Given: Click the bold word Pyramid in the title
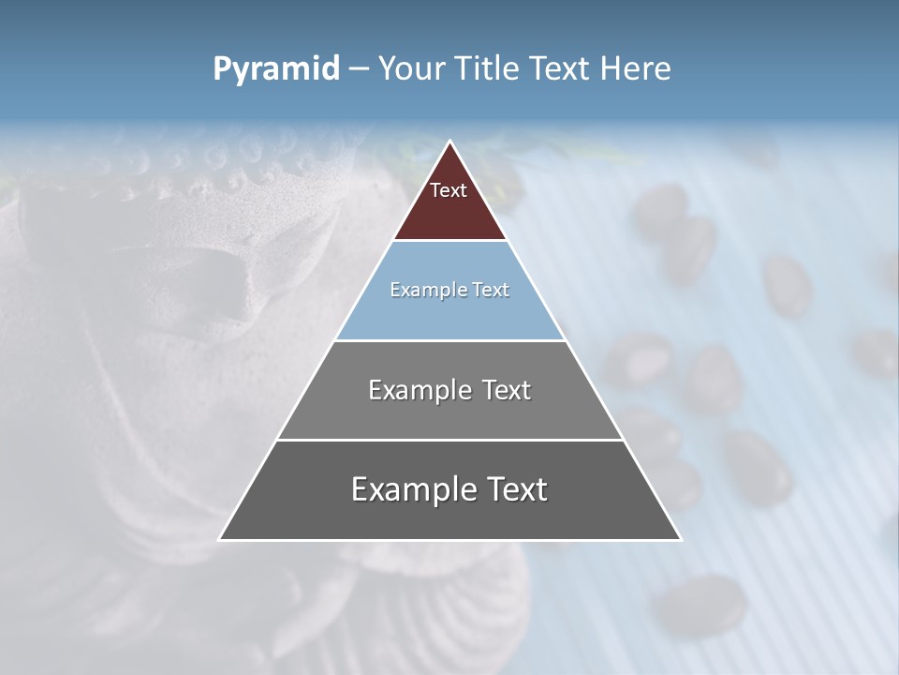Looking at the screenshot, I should pyautogui.click(x=276, y=69).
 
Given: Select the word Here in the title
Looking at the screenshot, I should pyautogui.click(x=637, y=69).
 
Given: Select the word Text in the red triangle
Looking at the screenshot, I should pyautogui.click(x=449, y=191).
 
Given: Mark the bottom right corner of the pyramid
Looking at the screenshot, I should pyautogui.click(x=680, y=539).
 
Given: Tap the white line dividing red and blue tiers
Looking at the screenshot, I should pyautogui.click(x=449, y=241).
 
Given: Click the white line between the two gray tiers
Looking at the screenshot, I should pyautogui.click(x=449, y=440).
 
